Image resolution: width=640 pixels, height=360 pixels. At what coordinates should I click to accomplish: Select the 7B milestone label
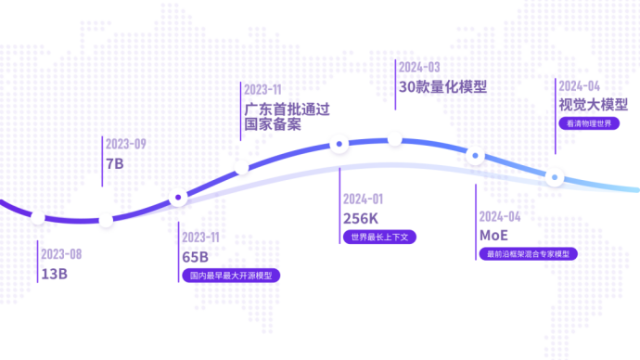pos(115,163)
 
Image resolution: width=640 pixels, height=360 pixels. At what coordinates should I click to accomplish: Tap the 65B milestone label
pos(195,256)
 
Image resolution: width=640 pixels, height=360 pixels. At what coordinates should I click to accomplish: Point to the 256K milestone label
pos(361,218)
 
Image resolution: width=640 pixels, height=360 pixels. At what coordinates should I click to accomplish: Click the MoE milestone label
pos(493,235)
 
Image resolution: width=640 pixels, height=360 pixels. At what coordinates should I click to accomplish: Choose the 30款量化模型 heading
pos(442,87)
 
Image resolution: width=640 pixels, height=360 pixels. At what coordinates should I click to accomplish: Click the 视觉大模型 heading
pos(593,104)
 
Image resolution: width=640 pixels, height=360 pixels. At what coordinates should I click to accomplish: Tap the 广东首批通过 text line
pos(286,109)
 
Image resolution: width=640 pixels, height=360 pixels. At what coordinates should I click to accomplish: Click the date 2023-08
pos(61,254)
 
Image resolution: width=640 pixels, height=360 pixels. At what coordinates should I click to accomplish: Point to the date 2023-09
pos(126,144)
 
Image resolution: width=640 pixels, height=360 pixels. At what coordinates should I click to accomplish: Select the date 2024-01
pos(363,199)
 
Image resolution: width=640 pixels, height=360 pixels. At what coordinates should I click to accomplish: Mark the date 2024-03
pos(418,67)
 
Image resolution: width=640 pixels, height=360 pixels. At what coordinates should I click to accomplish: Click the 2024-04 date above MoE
pos(500,216)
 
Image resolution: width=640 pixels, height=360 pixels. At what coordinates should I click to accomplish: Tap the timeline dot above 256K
pos(340,144)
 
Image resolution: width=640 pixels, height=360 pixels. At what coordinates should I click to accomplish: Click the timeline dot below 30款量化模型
pos(395,139)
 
